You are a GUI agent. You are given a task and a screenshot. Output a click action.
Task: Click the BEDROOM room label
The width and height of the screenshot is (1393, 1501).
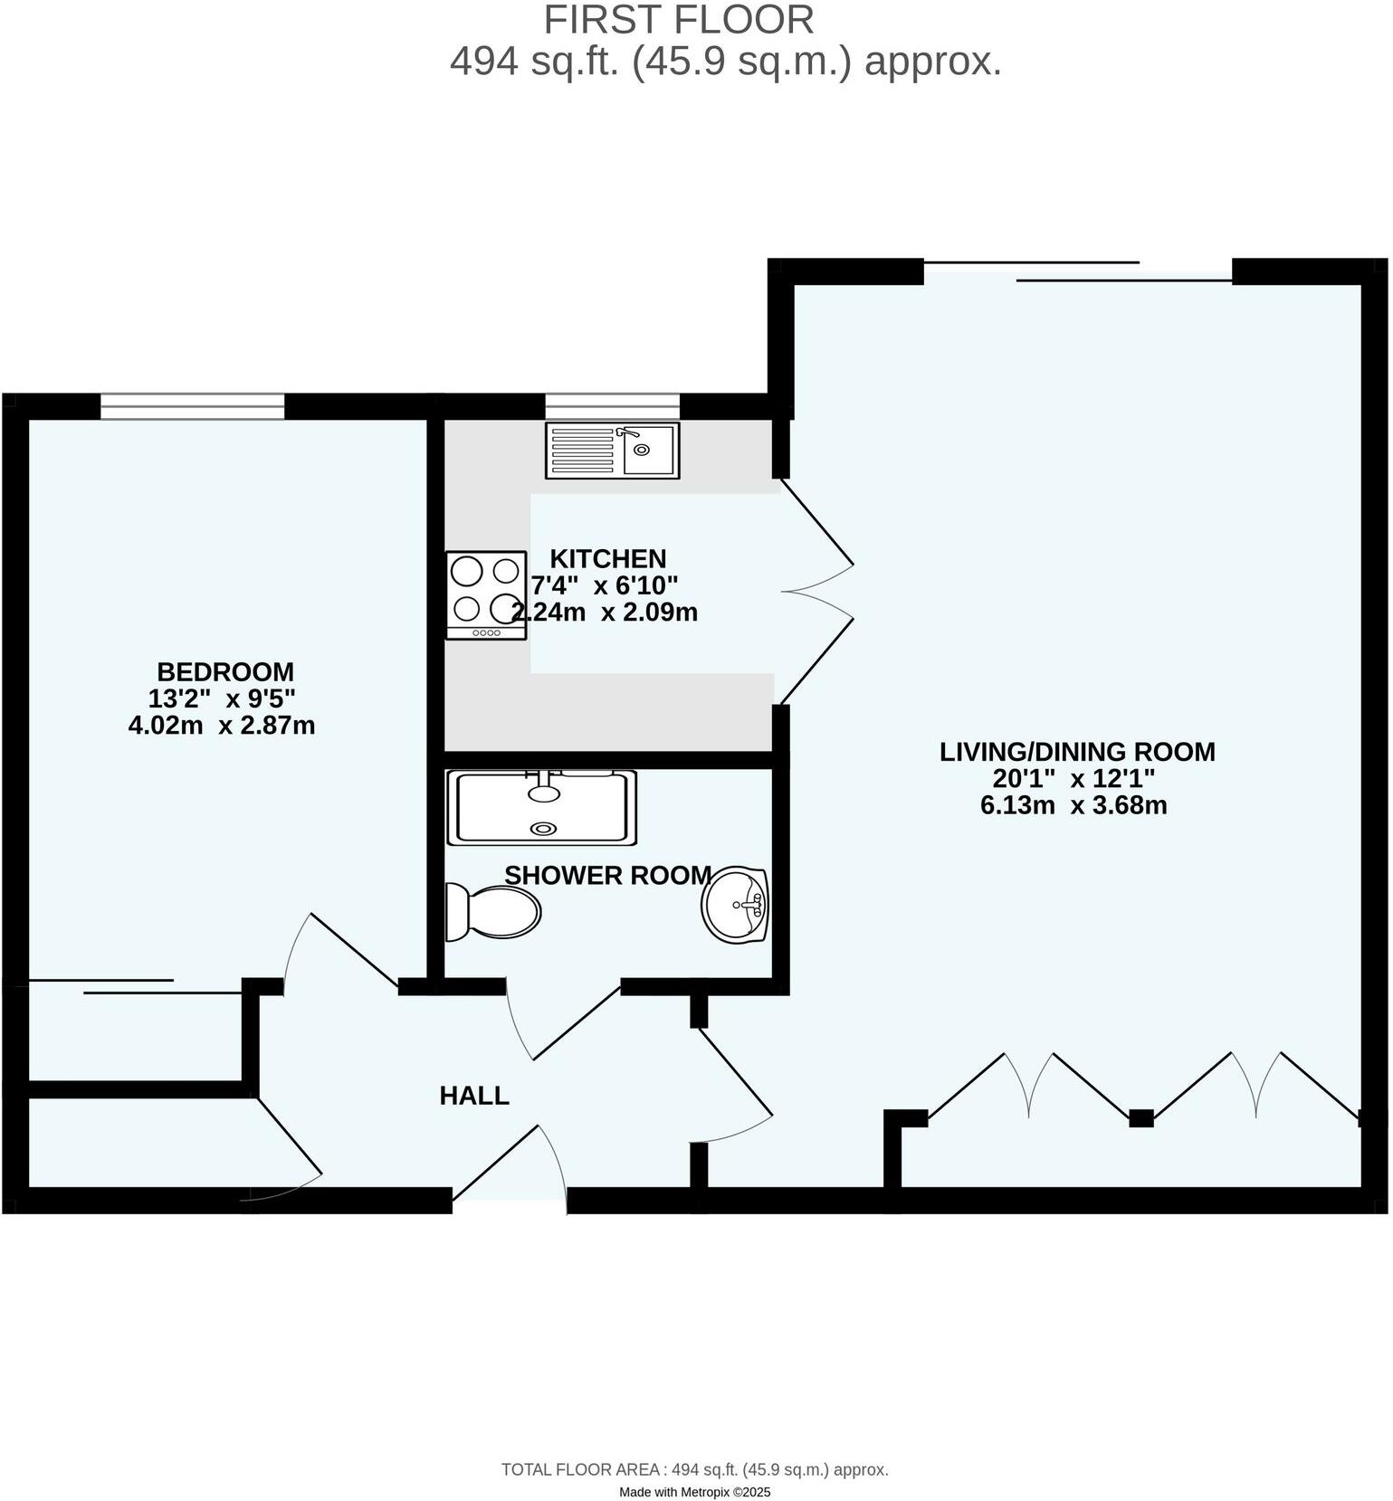click(225, 672)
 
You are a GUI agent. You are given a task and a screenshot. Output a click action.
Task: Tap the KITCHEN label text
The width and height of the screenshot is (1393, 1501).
click(607, 558)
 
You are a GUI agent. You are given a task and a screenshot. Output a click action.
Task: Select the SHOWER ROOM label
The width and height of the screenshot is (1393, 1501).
click(607, 875)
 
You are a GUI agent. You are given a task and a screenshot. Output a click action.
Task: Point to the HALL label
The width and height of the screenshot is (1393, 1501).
click(474, 1096)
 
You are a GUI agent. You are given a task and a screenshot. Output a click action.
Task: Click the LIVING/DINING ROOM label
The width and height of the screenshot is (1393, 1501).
click(1077, 752)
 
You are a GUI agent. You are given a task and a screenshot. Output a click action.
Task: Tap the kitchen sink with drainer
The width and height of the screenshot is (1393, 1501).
click(612, 450)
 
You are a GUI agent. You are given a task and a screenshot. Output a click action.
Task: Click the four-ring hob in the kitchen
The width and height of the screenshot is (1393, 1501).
click(486, 595)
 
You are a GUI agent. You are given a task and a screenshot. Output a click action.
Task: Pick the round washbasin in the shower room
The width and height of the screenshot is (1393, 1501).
click(734, 904)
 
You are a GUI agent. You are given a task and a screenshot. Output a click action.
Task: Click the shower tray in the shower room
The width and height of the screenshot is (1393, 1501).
click(541, 808)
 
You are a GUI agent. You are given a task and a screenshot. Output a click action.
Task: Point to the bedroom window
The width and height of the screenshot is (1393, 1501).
click(192, 406)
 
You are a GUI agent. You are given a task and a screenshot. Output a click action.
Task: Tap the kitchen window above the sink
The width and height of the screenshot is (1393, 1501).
click(612, 406)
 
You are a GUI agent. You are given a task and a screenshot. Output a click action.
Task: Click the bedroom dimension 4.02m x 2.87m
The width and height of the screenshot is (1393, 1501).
click(222, 726)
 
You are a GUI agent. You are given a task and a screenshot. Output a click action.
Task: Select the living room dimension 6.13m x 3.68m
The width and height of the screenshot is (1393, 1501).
click(1073, 805)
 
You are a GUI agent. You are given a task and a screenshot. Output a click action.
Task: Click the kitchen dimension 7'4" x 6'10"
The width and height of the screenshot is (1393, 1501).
click(605, 584)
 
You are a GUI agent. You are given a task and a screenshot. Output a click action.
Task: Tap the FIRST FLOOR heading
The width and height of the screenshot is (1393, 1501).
click(679, 20)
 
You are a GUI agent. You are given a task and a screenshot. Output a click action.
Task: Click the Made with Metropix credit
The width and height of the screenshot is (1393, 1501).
click(694, 1492)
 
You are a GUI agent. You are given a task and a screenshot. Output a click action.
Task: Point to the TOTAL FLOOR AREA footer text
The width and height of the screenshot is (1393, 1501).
click(694, 1470)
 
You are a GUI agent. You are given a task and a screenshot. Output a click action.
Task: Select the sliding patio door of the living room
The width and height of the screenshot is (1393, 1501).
click(1077, 271)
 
